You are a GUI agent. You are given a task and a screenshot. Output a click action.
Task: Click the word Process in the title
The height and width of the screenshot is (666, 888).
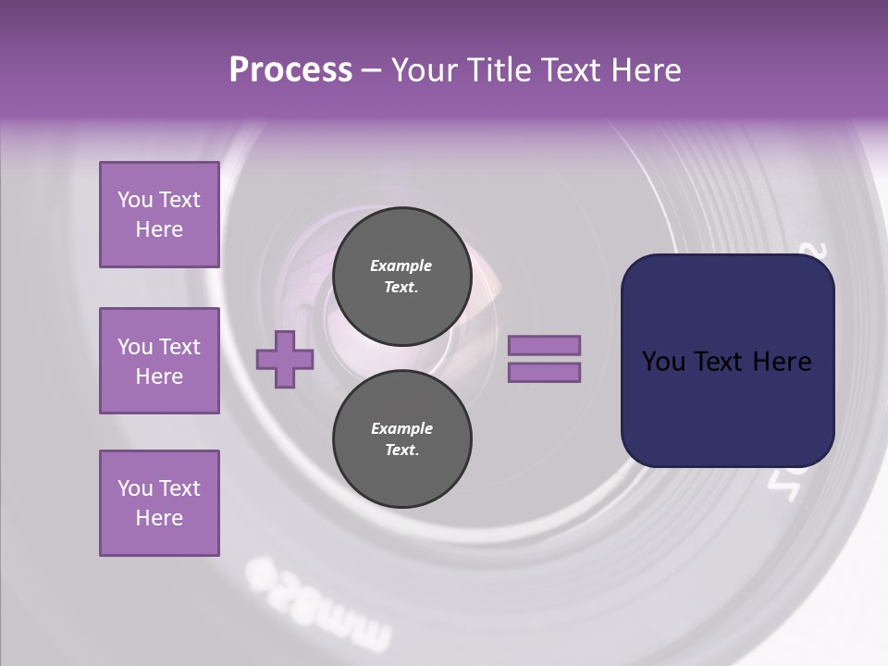point(290,70)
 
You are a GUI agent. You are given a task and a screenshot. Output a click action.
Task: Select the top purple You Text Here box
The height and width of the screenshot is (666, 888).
point(159,215)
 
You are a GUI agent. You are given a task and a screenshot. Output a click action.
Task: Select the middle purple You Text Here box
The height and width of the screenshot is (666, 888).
point(159,361)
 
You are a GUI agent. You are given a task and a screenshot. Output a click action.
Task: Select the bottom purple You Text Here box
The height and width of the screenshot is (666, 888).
point(159,503)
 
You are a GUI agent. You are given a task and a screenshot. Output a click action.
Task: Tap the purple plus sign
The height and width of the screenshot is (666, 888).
point(285,359)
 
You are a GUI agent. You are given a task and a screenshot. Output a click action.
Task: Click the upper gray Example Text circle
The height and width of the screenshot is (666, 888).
point(401,276)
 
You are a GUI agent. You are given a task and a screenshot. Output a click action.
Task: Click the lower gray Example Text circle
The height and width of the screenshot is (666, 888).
point(401,438)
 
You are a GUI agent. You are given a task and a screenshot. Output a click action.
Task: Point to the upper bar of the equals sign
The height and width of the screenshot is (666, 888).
point(544,345)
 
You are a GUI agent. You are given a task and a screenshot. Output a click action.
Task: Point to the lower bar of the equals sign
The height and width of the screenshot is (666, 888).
point(544,372)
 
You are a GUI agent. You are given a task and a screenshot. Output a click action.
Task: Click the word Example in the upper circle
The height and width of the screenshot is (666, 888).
point(401,265)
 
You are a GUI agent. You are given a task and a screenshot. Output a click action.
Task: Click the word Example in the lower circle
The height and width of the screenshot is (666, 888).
point(401,428)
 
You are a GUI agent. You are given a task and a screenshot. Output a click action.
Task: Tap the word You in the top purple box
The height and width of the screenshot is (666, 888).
point(135,200)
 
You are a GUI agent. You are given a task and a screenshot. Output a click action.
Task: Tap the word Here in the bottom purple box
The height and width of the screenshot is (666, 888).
point(159,518)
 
